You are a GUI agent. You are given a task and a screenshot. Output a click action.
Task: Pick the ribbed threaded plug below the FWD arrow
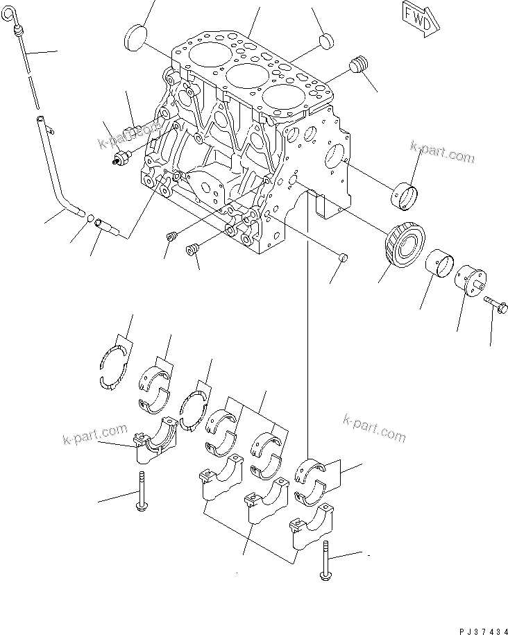click(x=358, y=65)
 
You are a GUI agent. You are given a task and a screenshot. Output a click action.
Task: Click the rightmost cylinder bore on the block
click(x=282, y=96)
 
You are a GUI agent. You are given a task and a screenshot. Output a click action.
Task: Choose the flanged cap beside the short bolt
click(x=472, y=282)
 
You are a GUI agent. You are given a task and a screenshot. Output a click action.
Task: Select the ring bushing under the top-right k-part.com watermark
click(x=405, y=194)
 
